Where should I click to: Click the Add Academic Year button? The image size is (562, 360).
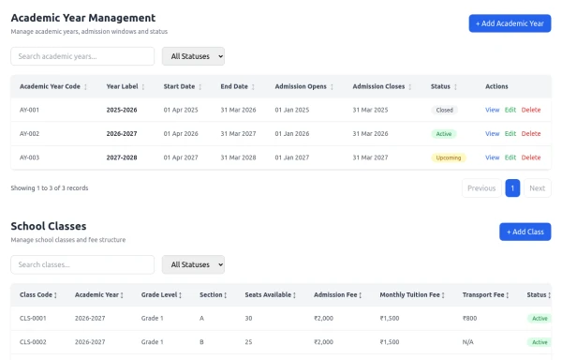tap(510, 23)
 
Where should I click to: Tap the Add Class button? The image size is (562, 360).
tap(525, 232)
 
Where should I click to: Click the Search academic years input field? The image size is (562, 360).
tap(82, 56)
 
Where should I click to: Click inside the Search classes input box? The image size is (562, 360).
tap(82, 264)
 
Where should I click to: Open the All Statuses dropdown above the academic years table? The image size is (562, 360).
tap(193, 56)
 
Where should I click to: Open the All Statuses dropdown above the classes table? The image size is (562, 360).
tap(193, 264)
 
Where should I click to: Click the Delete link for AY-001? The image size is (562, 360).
tap(531, 110)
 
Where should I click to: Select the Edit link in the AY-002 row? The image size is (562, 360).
tap(510, 133)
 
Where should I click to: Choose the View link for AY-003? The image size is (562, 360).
tap(492, 157)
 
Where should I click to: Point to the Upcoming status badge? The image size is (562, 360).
tap(449, 157)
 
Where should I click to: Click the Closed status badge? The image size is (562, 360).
tap(444, 110)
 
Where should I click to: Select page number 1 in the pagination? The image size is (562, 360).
tap(512, 187)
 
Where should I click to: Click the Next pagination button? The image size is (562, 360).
tap(538, 187)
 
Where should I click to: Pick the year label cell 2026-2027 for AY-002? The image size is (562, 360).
tap(122, 133)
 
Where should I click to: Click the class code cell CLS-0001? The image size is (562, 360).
tap(33, 318)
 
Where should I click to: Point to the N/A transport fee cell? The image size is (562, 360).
tap(467, 342)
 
